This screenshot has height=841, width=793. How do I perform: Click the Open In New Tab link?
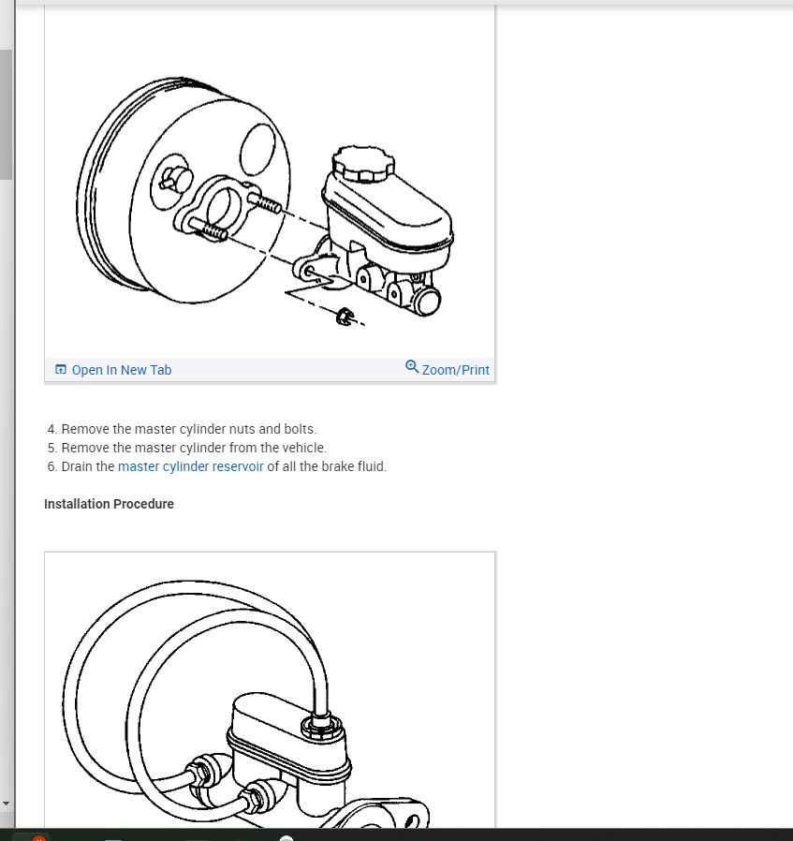point(121,370)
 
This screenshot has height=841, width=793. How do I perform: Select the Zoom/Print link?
point(455,370)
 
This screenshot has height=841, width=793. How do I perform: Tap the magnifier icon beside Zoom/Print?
point(412,367)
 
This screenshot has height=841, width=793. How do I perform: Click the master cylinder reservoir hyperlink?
point(190,466)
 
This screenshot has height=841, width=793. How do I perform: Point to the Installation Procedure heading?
point(109,504)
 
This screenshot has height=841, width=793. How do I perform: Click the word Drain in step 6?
point(79,466)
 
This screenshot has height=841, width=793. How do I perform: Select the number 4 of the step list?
point(51,429)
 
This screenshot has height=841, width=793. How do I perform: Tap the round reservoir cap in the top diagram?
point(357,163)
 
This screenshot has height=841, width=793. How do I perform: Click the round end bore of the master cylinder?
point(429,300)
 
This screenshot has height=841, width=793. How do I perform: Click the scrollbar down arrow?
point(6,804)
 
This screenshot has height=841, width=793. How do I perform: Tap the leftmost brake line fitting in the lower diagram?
point(201,771)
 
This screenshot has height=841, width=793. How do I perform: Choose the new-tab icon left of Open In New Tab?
point(61,370)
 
